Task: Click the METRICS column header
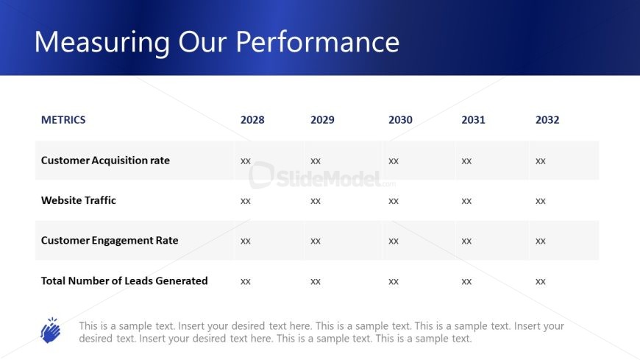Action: pos(63,120)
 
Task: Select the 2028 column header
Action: pos(252,120)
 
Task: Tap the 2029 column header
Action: pos(322,120)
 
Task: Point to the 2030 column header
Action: pos(400,120)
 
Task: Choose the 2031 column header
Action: pos(474,120)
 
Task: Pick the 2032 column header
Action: pos(547,120)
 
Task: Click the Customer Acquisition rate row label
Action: pos(105,160)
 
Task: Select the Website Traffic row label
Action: pos(79,200)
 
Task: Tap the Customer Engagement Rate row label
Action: pos(110,240)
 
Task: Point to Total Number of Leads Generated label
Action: pos(124,280)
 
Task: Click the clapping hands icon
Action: pos(51,330)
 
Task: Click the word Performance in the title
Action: pos(318,42)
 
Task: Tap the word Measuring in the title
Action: pos(102,43)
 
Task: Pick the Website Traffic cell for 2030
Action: pos(394,201)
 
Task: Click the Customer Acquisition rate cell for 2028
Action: pos(245,161)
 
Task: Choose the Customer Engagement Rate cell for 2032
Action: pos(541,241)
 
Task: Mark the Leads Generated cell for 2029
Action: pos(316,281)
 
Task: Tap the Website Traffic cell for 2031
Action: pos(466,201)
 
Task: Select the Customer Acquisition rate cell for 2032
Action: pos(541,161)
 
